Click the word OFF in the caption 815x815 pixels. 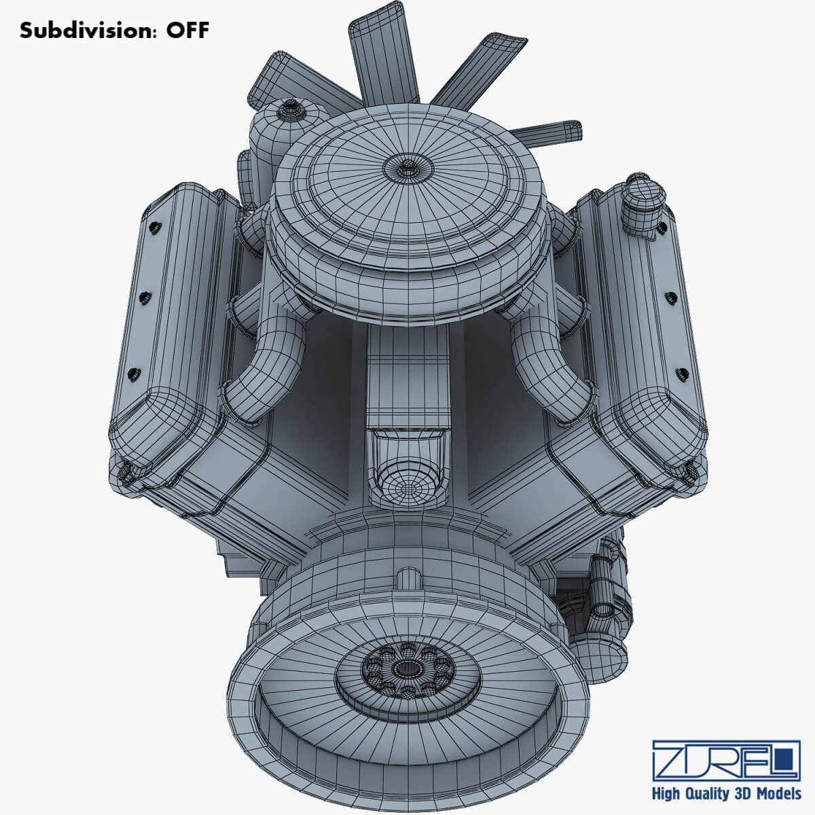[x=184, y=31]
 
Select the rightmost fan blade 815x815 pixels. [x=554, y=130]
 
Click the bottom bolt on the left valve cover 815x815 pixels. [x=134, y=372]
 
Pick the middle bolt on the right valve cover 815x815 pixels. [x=669, y=297]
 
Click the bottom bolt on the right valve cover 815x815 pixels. [x=680, y=372]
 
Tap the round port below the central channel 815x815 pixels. [x=405, y=487]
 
